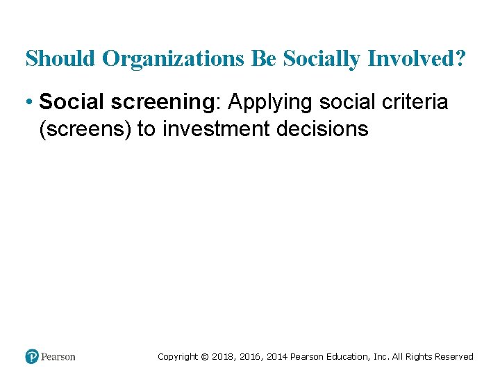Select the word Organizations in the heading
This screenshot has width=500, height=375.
pos(173,59)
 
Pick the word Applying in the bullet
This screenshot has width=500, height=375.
pos(270,103)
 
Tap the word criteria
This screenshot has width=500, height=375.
pos(414,103)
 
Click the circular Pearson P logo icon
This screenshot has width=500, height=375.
pos(32,356)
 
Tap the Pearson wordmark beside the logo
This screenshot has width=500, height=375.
pos(58,357)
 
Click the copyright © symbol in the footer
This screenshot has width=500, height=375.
pos(204,357)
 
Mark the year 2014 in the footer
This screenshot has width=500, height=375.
pos(278,357)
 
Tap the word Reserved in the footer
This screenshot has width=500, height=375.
pos(454,357)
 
